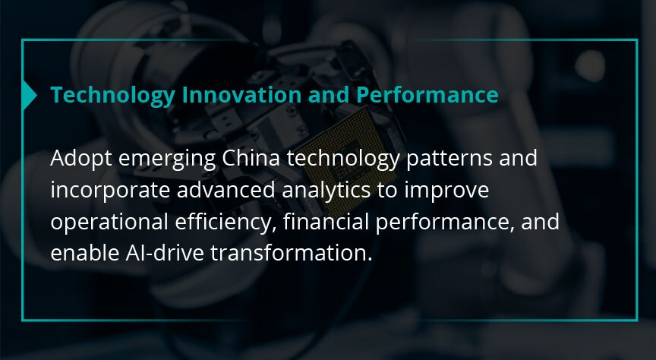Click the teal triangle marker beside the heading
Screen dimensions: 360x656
tap(28, 95)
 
